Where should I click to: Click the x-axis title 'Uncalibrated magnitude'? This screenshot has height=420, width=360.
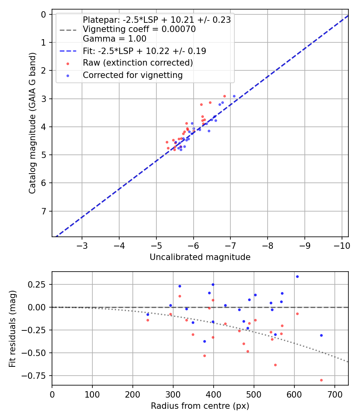coord(200,257)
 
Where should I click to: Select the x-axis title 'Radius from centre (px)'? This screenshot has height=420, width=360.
coord(200,406)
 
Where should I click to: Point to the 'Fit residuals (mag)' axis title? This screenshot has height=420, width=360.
coord(12,329)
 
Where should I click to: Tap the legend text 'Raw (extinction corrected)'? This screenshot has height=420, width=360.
coord(138,63)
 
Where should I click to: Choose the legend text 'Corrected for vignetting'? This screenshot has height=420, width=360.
coord(132,75)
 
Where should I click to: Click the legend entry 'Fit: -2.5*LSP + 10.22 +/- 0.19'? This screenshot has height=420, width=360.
coord(144,51)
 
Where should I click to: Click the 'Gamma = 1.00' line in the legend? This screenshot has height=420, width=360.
coord(114,39)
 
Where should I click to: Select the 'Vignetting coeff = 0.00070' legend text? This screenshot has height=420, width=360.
coord(139,29)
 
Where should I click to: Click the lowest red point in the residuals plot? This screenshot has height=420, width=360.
coord(321,380)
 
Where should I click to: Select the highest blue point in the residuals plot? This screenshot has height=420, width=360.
coord(297,276)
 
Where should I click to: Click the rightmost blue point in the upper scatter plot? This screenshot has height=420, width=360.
coord(234,96)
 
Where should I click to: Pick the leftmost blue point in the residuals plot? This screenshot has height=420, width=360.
coord(148,314)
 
